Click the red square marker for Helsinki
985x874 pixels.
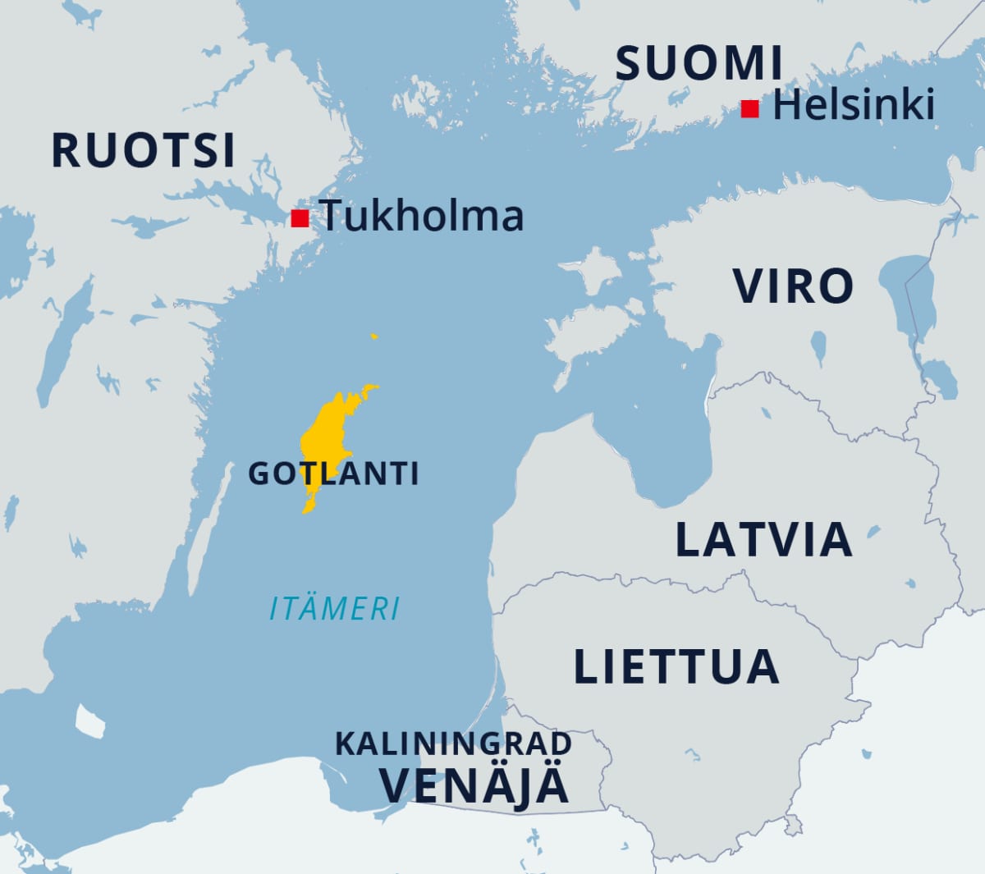pyautogui.click(x=749, y=108)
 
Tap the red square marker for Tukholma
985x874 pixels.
pyautogui.click(x=300, y=218)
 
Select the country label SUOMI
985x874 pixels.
pyautogui.click(x=699, y=63)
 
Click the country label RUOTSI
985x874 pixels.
pyautogui.click(x=144, y=150)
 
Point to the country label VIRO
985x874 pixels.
pyautogui.click(x=793, y=286)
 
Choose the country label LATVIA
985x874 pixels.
pyautogui.click(x=763, y=540)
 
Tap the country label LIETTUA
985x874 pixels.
pyautogui.click(x=676, y=666)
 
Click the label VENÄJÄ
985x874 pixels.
pyautogui.click(x=474, y=785)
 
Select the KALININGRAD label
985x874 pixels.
pyautogui.click(x=453, y=744)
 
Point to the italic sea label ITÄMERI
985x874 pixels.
pyautogui.click(x=335, y=609)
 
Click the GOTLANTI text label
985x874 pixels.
pyautogui.click(x=333, y=474)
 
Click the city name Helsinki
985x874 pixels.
pyautogui.click(x=854, y=105)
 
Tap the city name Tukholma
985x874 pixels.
pyautogui.click(x=422, y=216)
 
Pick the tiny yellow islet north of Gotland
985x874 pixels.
pyautogui.click(x=374, y=336)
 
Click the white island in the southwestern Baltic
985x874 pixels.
pyautogui.click(x=89, y=721)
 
